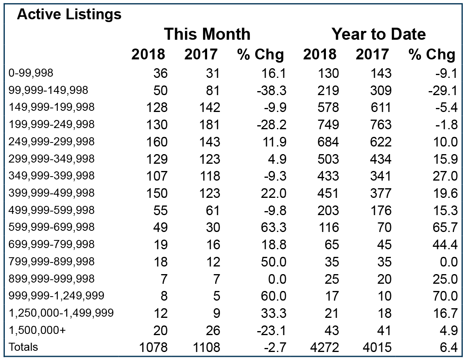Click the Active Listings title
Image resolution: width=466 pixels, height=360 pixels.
tap(69, 14)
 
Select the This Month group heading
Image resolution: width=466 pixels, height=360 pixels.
tap(207, 34)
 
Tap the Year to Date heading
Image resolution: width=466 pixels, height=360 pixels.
tap(378, 34)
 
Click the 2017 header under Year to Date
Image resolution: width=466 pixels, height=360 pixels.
tap(372, 55)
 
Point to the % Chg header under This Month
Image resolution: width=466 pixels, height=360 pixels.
tap(260, 55)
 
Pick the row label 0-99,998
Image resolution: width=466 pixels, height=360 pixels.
tap(31, 73)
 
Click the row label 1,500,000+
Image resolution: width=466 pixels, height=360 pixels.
tap(37, 330)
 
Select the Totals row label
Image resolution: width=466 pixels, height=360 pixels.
tap(23, 347)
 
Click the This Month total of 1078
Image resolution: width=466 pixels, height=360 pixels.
tap(153, 347)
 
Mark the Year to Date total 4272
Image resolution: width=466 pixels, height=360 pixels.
tap(325, 347)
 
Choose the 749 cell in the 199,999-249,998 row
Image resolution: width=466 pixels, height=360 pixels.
tap(328, 125)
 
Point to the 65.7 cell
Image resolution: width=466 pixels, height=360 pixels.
tap(445, 228)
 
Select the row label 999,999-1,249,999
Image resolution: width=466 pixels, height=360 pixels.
tap(57, 296)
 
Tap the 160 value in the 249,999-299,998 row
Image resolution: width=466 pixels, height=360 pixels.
tap(157, 142)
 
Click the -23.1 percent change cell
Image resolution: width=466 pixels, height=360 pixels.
tap(272, 330)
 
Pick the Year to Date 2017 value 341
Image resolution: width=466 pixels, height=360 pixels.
tap(381, 176)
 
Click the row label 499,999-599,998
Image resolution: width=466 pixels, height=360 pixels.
tap(51, 210)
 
